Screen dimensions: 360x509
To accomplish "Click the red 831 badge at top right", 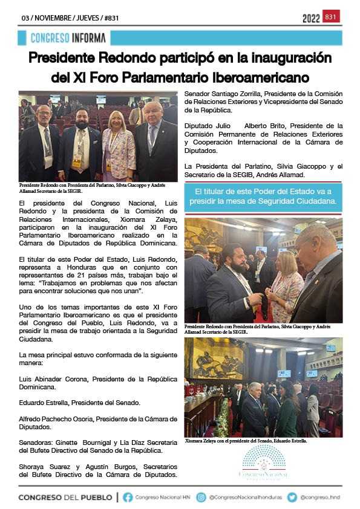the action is click(331, 17).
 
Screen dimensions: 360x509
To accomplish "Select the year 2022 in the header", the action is click(311, 18).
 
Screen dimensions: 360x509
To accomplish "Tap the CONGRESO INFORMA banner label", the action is click(68, 38).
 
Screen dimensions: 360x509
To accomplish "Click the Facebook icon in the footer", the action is click(128, 497).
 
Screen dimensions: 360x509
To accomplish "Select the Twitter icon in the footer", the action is click(292, 497).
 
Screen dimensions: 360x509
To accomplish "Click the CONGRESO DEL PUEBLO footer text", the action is click(66, 497).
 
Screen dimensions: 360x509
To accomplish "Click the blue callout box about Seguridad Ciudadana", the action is click(263, 197).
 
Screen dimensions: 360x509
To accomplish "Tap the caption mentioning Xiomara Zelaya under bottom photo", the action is click(246, 441).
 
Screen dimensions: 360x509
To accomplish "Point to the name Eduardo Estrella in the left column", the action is click(45, 403).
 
